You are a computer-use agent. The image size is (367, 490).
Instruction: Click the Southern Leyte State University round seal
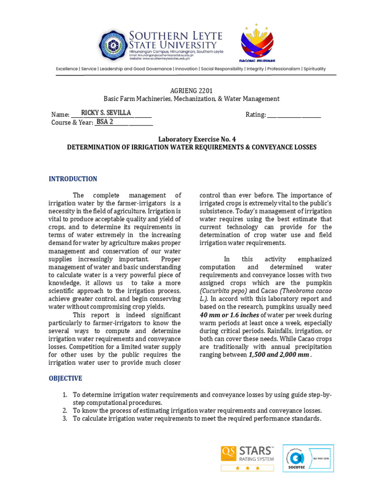[113, 45]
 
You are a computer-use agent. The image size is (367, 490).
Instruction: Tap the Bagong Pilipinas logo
[257, 44]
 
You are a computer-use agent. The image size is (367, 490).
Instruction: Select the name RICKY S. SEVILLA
[108, 113]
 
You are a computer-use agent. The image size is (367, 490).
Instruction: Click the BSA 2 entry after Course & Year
[105, 122]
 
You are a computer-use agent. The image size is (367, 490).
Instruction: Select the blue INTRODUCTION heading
[73, 179]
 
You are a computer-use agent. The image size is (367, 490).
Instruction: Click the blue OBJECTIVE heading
[65, 379]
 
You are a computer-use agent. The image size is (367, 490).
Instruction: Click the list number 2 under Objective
[65, 411]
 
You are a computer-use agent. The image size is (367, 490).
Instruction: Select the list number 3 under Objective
[65, 419]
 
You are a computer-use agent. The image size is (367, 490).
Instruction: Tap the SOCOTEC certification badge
[308, 458]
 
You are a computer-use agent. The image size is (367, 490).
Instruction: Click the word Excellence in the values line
[67, 69]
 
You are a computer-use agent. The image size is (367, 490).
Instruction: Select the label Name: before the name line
[60, 115]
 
